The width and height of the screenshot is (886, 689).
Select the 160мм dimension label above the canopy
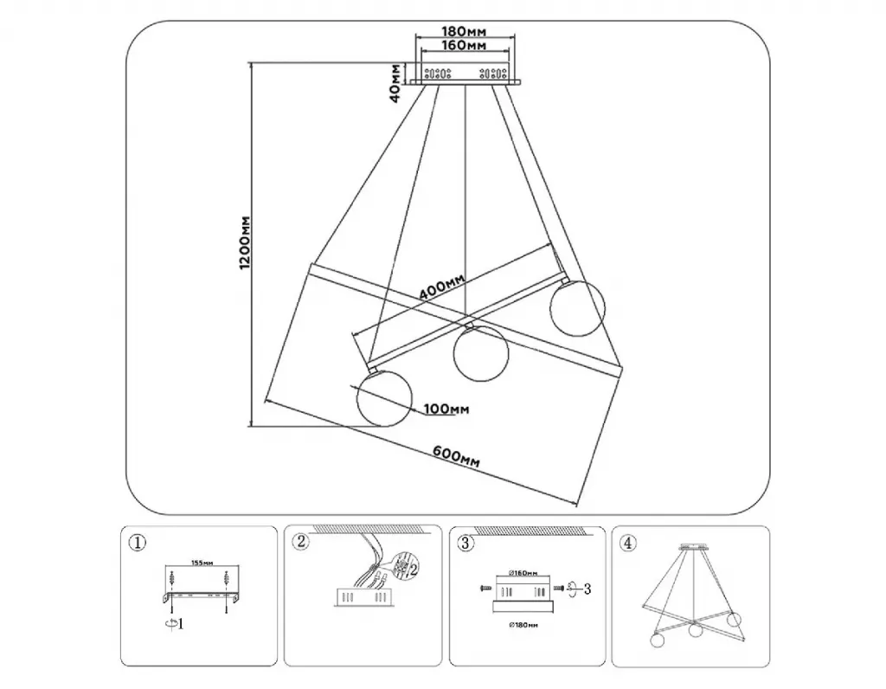(x=465, y=44)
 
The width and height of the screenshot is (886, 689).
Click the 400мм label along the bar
(x=441, y=287)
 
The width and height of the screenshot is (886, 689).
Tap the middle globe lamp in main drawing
(x=480, y=354)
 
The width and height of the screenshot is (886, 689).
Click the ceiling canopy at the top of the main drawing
(x=465, y=74)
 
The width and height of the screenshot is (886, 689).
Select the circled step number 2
(x=300, y=543)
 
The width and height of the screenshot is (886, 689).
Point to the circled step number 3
(x=465, y=544)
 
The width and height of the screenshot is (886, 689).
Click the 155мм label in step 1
(x=201, y=563)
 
